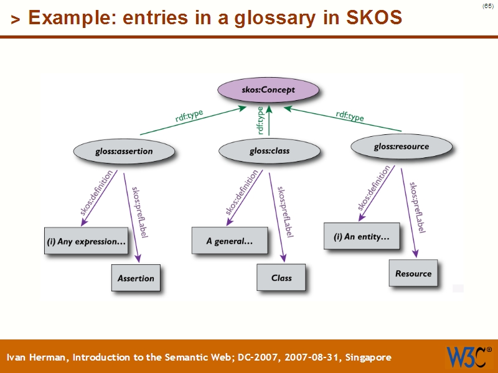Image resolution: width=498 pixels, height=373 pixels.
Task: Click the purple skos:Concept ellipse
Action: (x=268, y=90)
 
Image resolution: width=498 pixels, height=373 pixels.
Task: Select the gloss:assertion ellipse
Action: (x=123, y=151)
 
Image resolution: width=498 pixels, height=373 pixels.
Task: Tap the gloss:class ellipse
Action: (x=269, y=150)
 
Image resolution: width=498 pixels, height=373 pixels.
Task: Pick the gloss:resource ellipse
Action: (x=401, y=147)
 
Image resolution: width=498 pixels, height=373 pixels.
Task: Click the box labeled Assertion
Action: (x=136, y=278)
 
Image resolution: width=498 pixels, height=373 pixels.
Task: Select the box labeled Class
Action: (x=281, y=277)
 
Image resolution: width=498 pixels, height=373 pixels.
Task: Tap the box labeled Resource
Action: (x=413, y=273)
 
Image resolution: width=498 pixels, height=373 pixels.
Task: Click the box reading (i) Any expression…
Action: (x=86, y=241)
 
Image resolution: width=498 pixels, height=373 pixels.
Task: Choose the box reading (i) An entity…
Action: (x=362, y=236)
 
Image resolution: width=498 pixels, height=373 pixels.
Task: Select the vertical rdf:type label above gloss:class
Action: (x=260, y=119)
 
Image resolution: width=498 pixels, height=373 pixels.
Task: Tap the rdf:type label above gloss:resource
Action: (x=350, y=116)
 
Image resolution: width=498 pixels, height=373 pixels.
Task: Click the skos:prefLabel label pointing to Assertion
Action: (x=139, y=211)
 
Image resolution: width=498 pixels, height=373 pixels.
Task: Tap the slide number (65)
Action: (x=487, y=6)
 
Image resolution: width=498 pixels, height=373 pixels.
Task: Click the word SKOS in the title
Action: (x=372, y=18)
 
